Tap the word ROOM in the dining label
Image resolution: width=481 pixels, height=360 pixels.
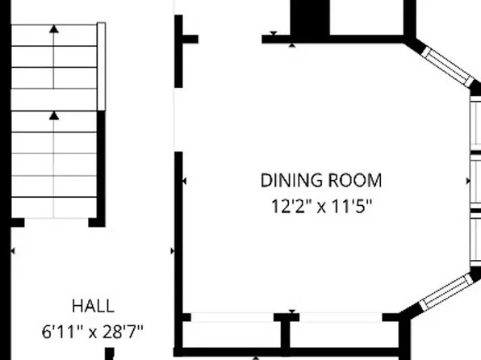click(x=353, y=180)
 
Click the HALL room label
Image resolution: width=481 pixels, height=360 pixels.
click(x=93, y=306)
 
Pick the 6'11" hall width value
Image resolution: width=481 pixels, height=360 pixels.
click(x=61, y=330)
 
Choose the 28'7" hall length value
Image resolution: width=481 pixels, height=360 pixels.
click(x=122, y=330)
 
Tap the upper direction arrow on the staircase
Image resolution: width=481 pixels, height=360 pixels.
click(x=54, y=30)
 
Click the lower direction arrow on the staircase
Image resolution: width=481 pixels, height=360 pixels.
click(x=54, y=116)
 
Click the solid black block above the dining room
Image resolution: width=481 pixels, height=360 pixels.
click(x=310, y=16)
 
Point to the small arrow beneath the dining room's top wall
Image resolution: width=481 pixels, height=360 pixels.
click(x=274, y=34)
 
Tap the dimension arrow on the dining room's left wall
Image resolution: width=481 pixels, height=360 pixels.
click(x=185, y=182)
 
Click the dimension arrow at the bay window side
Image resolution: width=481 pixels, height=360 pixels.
click(x=471, y=182)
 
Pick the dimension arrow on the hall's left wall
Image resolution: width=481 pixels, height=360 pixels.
click(x=13, y=252)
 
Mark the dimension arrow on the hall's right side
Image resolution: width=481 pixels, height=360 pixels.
click(x=172, y=252)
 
